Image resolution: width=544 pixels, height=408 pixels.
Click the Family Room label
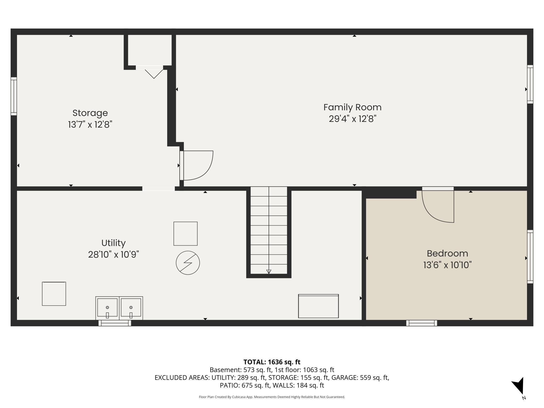coord(352,107)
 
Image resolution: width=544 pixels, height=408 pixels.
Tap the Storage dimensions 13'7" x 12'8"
coord(90,124)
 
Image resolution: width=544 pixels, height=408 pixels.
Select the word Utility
coord(114,243)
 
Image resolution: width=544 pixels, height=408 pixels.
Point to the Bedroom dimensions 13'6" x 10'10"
coord(447,265)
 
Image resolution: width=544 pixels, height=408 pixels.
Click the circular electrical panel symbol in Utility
coord(188,263)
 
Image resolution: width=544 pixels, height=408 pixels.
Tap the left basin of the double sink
coord(107,308)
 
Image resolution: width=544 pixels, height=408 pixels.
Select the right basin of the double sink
coord(131,308)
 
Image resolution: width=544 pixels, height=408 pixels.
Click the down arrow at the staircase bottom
coord(269,271)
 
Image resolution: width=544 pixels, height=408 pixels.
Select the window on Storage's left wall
coord(14,96)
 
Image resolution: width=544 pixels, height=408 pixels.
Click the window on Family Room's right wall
coord(530,84)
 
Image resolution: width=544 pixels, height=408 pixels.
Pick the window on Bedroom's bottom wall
coord(422,323)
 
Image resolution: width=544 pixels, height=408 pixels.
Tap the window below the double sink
coord(115,323)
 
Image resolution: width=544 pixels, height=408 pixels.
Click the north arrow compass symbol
coord(518,387)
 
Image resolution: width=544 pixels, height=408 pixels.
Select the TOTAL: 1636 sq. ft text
coord(272,362)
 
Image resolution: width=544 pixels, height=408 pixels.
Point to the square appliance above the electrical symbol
coord(185,234)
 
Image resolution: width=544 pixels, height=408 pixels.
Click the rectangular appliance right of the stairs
coord(319,306)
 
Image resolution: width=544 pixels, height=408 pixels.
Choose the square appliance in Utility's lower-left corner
coord(54,294)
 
